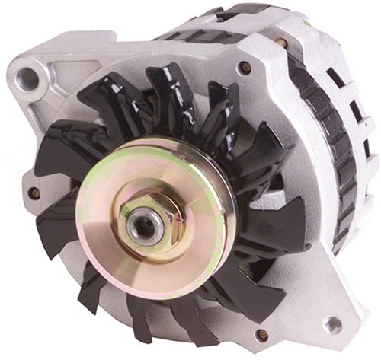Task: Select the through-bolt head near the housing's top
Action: (x=246, y=68)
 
